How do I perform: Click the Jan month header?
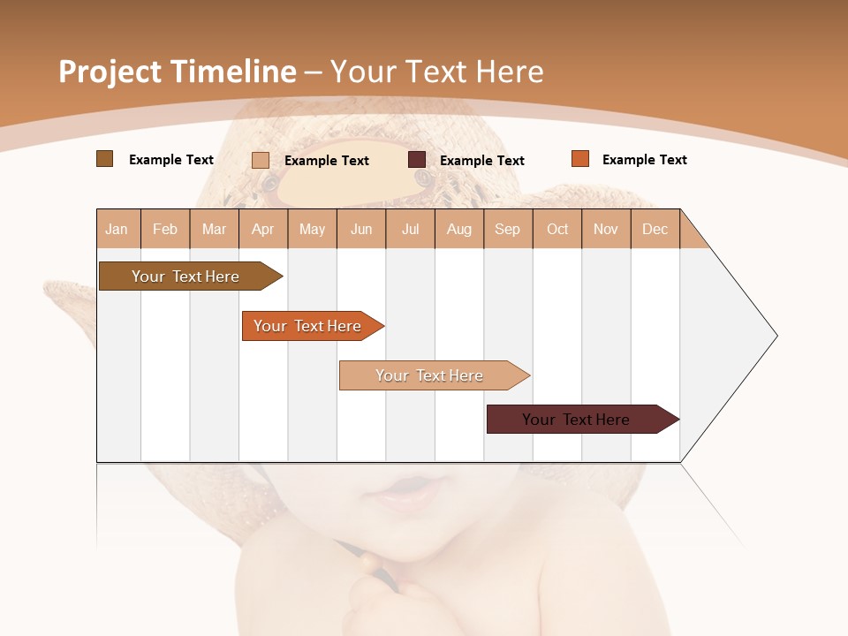pyautogui.click(x=117, y=229)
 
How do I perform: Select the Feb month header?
pyautogui.click(x=165, y=229)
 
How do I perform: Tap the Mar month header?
pyautogui.click(x=214, y=229)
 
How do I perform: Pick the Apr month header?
pyautogui.click(x=263, y=229)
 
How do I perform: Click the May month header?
pyautogui.click(x=312, y=229)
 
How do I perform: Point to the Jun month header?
pyautogui.click(x=361, y=229)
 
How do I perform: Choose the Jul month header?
pyautogui.click(x=410, y=229)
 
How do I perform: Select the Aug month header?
pyautogui.click(x=459, y=229)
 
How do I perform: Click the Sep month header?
pyautogui.click(x=508, y=229)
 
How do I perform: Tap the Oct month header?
pyautogui.click(x=557, y=229)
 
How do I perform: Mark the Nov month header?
pyautogui.click(x=606, y=229)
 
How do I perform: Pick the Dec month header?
pyautogui.click(x=655, y=229)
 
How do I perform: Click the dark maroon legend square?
pyautogui.click(x=417, y=160)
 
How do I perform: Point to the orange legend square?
pyautogui.click(x=579, y=159)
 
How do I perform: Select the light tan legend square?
pyautogui.click(x=261, y=160)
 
